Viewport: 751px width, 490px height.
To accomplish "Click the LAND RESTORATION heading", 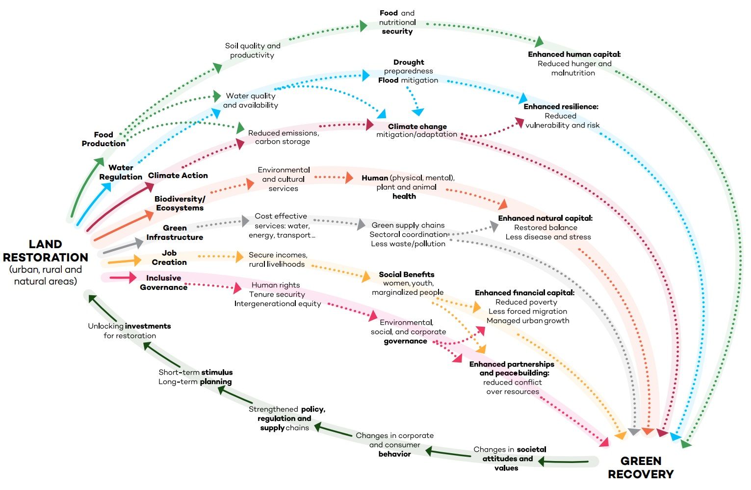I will [45, 251].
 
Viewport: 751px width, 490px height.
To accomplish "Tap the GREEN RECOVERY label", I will [641, 467].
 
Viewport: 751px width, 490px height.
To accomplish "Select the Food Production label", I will [104, 139].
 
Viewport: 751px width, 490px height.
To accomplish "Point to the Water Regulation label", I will [121, 172].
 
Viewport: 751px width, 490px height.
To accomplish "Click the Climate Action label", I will [178, 176].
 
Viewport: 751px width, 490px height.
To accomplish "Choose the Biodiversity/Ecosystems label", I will [180, 203].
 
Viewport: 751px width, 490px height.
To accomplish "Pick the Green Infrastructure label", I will [175, 232].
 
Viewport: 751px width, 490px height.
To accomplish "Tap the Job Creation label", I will [169, 258].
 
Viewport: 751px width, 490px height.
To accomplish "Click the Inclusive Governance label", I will [163, 283].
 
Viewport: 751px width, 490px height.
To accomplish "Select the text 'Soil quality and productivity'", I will [252, 51].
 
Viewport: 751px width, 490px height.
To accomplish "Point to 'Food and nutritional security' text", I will [397, 22].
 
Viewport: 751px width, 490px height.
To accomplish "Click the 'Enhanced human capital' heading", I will [574, 54].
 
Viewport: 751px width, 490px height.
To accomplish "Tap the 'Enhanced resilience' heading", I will [561, 106].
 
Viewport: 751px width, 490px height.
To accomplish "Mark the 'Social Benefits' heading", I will [406, 275].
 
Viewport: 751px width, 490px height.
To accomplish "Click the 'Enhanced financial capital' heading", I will [524, 293].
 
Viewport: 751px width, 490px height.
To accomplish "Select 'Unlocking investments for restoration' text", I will [129, 331].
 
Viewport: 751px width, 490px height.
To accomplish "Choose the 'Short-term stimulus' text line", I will [195, 372].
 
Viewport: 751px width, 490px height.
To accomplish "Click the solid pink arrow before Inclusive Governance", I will [123, 278].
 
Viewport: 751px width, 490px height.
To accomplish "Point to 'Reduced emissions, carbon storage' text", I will [283, 137].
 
